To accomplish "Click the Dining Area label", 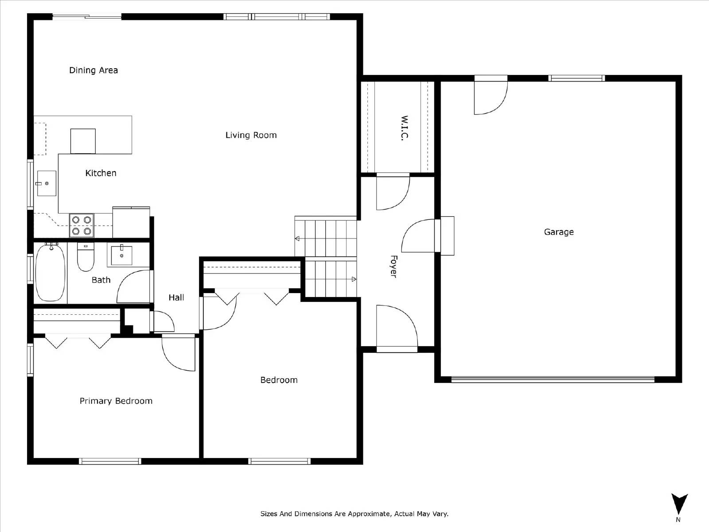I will pyautogui.click(x=93, y=70).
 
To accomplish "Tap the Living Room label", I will pyautogui.click(x=251, y=135).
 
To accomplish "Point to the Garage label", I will pyautogui.click(x=559, y=232).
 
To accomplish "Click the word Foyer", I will pyautogui.click(x=393, y=266).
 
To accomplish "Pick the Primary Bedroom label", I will pyautogui.click(x=116, y=401).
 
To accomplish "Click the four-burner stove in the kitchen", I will pyautogui.click(x=82, y=225).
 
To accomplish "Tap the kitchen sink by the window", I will pyautogui.click(x=46, y=183).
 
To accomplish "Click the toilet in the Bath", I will pyautogui.click(x=86, y=258).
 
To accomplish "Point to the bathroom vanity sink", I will pyautogui.click(x=121, y=255).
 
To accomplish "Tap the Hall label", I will pyautogui.click(x=176, y=297).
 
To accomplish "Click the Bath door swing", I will pyautogui.click(x=134, y=287).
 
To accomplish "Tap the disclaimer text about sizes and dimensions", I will pyautogui.click(x=354, y=514).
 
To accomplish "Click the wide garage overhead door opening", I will pyautogui.click(x=553, y=379).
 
